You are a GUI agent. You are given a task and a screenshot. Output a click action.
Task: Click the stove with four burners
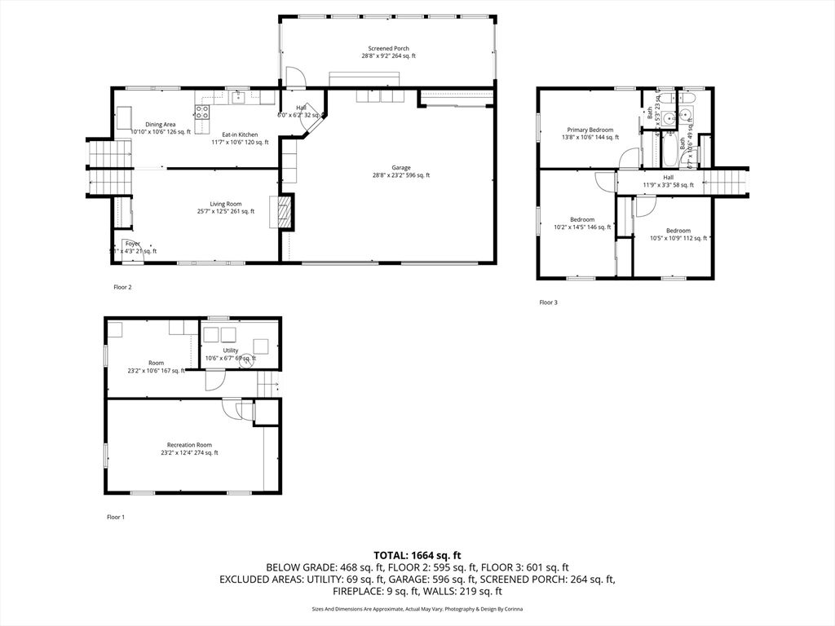pos(201,112)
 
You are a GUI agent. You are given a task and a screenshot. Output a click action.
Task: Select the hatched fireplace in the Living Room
pos(284,212)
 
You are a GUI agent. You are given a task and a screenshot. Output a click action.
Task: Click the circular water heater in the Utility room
pos(242,356)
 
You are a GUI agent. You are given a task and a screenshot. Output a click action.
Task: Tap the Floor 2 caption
pos(122,287)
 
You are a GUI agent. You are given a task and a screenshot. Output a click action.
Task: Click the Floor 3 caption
pos(549,302)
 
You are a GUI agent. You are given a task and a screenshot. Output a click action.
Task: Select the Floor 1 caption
pos(116,517)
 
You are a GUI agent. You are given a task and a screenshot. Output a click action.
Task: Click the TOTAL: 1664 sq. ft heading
pos(417,554)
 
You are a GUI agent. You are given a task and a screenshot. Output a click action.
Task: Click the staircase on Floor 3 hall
pos(726,181)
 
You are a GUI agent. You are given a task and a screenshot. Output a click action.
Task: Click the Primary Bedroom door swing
pos(628,159)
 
